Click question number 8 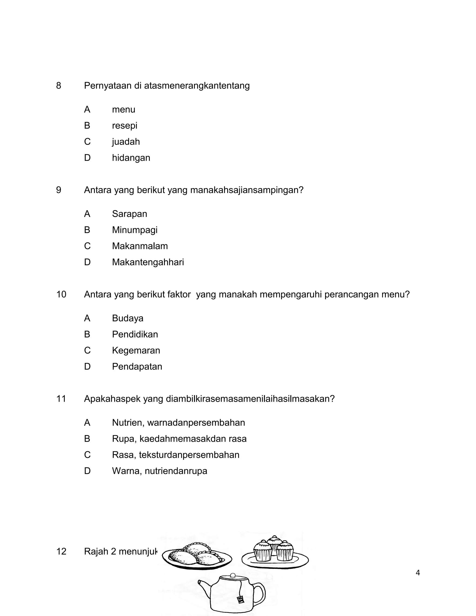[x=59, y=86]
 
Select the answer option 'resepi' [x=124, y=126]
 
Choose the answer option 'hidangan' [x=131, y=158]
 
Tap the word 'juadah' [x=126, y=142]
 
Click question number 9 [x=59, y=190]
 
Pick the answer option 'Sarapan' [x=129, y=214]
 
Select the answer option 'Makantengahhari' [x=148, y=262]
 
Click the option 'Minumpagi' [x=135, y=230]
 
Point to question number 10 [x=61, y=294]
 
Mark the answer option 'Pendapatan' [x=137, y=366]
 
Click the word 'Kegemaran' [x=136, y=350]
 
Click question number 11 [x=61, y=398]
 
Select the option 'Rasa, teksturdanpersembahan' [x=175, y=455]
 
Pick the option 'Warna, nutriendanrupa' [x=159, y=471]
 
